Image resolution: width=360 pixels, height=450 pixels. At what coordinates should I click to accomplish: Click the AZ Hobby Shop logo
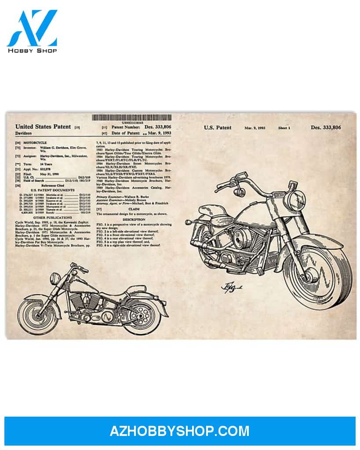pos(32,31)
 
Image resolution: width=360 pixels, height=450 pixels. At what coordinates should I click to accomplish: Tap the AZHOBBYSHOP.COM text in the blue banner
pos(179,431)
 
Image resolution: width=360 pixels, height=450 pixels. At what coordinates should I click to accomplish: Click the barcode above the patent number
pos(131,118)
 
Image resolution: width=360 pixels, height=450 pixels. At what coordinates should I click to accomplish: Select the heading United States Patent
pos(43,127)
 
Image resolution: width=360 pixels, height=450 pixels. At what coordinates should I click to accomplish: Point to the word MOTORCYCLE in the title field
pos(36,143)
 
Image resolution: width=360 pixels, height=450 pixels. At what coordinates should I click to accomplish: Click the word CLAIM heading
pos(134,209)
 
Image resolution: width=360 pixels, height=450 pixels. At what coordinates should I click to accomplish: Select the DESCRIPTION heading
pos(134,219)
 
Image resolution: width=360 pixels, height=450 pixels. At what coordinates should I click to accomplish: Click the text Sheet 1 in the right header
pos(284,128)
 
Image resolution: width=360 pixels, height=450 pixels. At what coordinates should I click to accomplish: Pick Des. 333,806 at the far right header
pos(326,127)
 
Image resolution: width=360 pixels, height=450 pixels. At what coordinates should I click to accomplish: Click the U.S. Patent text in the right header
pos(217,127)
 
